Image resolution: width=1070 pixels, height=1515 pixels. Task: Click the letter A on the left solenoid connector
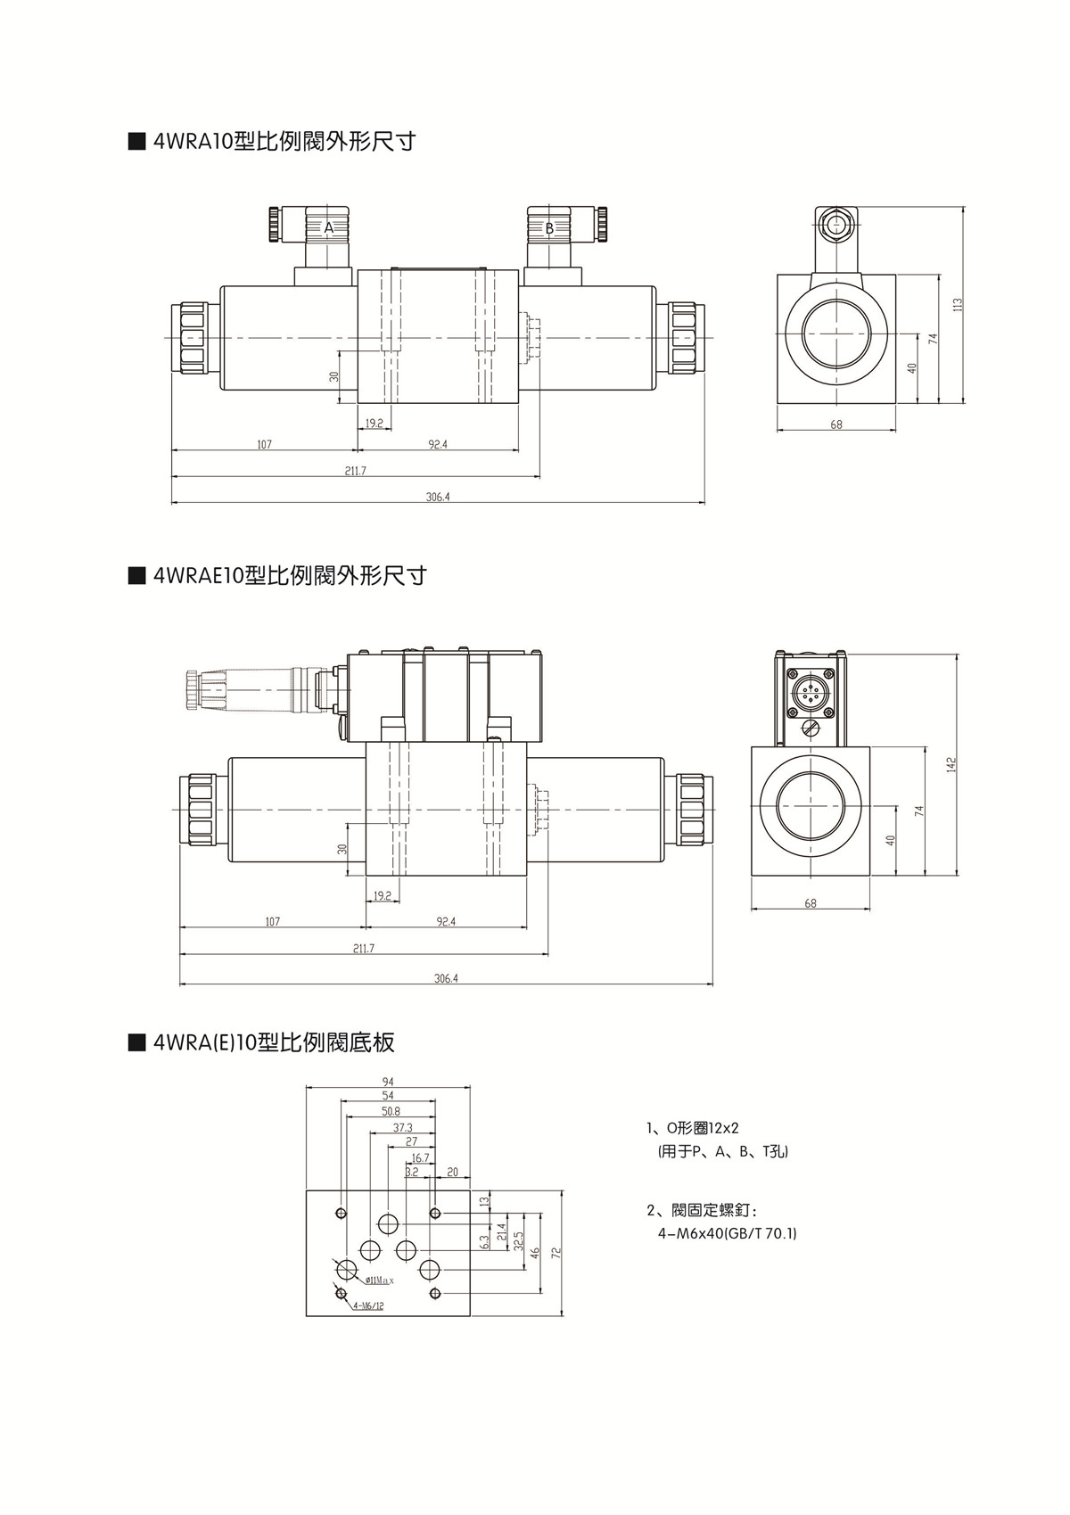(x=328, y=227)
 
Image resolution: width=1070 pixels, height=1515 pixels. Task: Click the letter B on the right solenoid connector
(x=549, y=227)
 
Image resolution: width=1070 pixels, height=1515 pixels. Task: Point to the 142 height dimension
(x=951, y=764)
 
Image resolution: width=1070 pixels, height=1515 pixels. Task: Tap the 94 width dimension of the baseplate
(x=388, y=1082)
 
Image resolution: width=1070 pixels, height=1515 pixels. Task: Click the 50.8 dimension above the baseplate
(x=391, y=1111)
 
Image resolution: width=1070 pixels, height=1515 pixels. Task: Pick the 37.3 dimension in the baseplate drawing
(x=402, y=1128)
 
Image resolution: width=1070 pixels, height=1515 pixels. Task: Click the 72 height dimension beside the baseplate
(x=555, y=1252)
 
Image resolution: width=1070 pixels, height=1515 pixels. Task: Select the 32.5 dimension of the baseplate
(x=518, y=1240)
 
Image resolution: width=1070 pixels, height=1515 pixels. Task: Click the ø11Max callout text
(x=379, y=1280)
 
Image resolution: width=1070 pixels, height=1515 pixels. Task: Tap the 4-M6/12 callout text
(x=367, y=1305)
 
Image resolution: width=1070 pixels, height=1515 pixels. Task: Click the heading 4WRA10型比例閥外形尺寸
(x=284, y=141)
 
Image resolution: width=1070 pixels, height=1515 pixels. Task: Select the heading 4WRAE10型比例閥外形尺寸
(x=290, y=575)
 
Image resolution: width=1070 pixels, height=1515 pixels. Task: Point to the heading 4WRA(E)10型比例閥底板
(x=273, y=1042)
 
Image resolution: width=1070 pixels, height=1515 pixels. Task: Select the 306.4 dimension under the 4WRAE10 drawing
(x=446, y=978)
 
